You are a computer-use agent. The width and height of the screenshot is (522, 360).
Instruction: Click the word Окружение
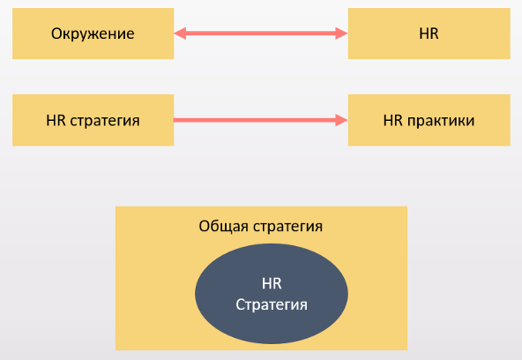[x=93, y=34]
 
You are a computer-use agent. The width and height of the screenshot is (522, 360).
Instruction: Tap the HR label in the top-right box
[x=429, y=34]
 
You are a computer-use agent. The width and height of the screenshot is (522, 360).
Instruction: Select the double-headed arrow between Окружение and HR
[x=261, y=34]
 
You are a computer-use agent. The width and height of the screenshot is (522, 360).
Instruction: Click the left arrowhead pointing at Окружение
[x=180, y=34]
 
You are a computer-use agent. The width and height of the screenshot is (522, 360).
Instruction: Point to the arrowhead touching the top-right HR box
[x=341, y=34]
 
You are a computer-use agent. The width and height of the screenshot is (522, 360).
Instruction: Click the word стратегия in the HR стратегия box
[x=105, y=121]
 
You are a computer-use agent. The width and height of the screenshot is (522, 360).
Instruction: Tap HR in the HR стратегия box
[x=56, y=121]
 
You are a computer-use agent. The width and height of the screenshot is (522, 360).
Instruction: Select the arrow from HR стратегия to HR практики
[x=261, y=120]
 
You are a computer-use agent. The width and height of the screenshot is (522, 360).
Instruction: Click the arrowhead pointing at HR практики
[x=341, y=120]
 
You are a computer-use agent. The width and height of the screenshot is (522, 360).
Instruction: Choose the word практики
[x=441, y=121]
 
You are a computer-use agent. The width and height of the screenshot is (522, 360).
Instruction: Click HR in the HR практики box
[x=393, y=121]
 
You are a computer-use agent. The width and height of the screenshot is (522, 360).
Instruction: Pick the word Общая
[x=223, y=227]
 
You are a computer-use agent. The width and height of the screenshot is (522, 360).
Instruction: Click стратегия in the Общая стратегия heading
[x=287, y=227]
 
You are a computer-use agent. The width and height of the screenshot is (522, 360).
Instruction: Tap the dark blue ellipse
[x=272, y=294]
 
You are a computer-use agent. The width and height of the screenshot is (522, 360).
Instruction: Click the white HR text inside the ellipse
[x=272, y=284]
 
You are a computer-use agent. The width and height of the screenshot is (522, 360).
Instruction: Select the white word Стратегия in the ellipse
[x=272, y=305]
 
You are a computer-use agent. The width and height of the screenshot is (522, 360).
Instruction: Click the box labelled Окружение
[x=93, y=34]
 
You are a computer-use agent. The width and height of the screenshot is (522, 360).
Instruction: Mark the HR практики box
[x=429, y=120]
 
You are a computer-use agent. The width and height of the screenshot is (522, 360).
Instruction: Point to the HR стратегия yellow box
[x=93, y=120]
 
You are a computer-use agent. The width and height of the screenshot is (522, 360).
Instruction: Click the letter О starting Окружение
[x=56, y=34]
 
